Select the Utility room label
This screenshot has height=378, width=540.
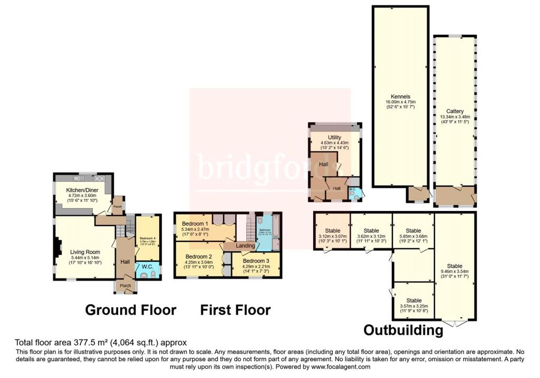tap(334, 137)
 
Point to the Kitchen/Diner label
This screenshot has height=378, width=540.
tap(83, 189)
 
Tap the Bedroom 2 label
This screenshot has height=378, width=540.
tap(198, 257)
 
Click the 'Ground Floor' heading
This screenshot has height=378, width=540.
tap(130, 310)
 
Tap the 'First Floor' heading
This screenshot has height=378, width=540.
tap(235, 310)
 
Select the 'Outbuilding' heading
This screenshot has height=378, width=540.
tap(403, 330)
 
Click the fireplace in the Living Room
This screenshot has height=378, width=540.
tap(58, 247)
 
